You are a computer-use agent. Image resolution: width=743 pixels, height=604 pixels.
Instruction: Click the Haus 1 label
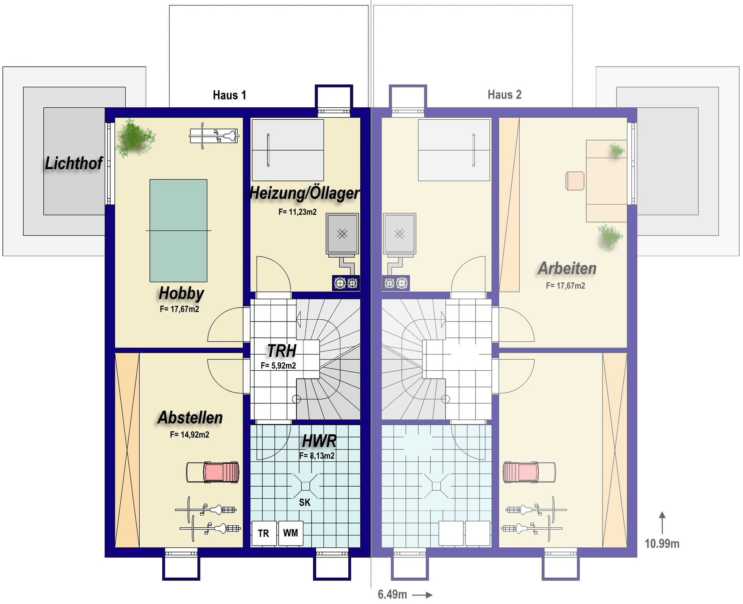click(229, 95)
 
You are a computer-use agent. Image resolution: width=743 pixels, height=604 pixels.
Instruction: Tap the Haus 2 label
click(504, 95)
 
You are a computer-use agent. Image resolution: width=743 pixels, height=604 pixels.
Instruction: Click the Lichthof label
click(74, 163)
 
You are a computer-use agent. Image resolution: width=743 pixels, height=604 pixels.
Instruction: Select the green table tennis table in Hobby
click(178, 231)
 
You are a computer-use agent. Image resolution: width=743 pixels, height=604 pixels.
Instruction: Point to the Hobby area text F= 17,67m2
click(179, 309)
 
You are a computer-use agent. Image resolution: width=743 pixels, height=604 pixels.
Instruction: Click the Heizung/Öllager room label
click(305, 193)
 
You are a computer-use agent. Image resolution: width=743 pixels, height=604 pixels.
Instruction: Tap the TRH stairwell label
click(282, 351)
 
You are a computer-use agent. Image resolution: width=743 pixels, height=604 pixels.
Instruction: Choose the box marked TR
click(264, 533)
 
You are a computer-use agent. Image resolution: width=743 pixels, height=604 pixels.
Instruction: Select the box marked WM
click(291, 533)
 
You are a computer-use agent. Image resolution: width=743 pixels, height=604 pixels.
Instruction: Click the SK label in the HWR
click(305, 502)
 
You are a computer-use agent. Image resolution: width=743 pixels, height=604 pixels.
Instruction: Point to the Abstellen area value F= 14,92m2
click(190, 435)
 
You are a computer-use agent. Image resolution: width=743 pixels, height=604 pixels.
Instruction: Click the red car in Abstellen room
click(213, 472)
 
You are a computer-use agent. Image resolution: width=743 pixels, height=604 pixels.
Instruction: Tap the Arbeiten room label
click(567, 268)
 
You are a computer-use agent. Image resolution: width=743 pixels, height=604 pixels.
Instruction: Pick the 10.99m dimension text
click(662, 544)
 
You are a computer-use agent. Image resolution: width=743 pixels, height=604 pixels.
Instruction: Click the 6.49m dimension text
click(392, 594)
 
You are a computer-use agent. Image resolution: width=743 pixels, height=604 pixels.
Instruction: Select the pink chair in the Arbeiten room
click(575, 181)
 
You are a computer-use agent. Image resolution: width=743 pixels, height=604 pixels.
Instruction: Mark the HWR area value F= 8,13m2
click(317, 456)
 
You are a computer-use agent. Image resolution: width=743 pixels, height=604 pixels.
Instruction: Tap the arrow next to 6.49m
click(422, 595)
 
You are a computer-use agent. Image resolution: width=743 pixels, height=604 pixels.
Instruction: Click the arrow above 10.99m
click(663, 523)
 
